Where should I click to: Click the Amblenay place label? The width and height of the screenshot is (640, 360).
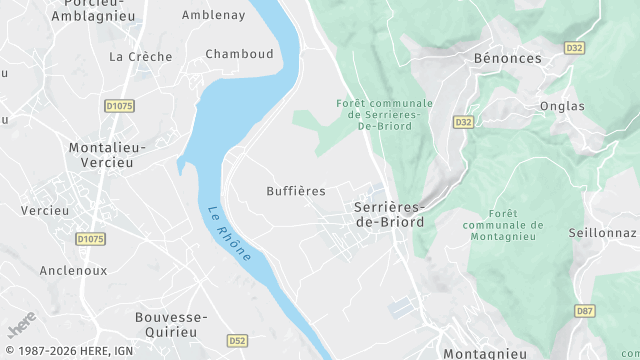[213, 15]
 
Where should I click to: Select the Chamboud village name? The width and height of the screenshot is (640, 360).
[239, 54]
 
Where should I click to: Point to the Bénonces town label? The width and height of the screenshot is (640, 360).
[507, 58]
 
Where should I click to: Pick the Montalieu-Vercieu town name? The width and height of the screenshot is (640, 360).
[107, 154]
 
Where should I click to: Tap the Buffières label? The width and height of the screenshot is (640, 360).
[296, 190]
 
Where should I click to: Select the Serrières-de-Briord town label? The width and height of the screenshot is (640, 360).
[390, 214]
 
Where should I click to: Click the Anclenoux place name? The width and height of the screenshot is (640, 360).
[73, 270]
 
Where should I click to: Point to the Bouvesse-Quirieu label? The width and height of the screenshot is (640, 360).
[170, 324]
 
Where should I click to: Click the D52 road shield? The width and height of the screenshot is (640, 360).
[236, 340]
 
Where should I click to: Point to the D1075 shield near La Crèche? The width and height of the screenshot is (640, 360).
[118, 105]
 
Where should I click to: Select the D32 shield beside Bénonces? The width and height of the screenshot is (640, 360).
[574, 47]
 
